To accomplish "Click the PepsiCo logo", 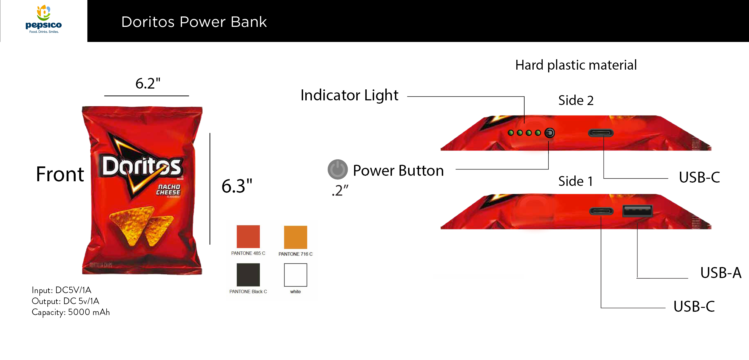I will [x=44, y=19].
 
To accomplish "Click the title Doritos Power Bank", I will [x=194, y=22].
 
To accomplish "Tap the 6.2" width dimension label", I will [x=148, y=84].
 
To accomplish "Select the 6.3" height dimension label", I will [x=237, y=186].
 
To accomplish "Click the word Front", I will [x=60, y=174].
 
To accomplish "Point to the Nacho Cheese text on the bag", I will [x=168, y=189].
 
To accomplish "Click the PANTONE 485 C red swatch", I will [x=248, y=236].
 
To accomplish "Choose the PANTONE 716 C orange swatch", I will [x=295, y=237].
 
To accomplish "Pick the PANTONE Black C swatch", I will [x=248, y=275].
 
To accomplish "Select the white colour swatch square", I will [x=295, y=275].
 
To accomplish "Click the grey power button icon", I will [x=338, y=169].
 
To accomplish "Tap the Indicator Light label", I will [x=349, y=95].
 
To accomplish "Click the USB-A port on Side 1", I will [x=637, y=211].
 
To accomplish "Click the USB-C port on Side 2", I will [x=601, y=133].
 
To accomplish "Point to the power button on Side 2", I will [x=549, y=133].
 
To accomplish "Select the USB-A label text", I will [x=720, y=273].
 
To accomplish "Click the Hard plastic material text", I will [x=576, y=65].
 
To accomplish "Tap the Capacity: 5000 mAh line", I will [x=71, y=312].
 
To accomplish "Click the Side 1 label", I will [x=575, y=182].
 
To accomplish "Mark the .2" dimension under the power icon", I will [x=340, y=191].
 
